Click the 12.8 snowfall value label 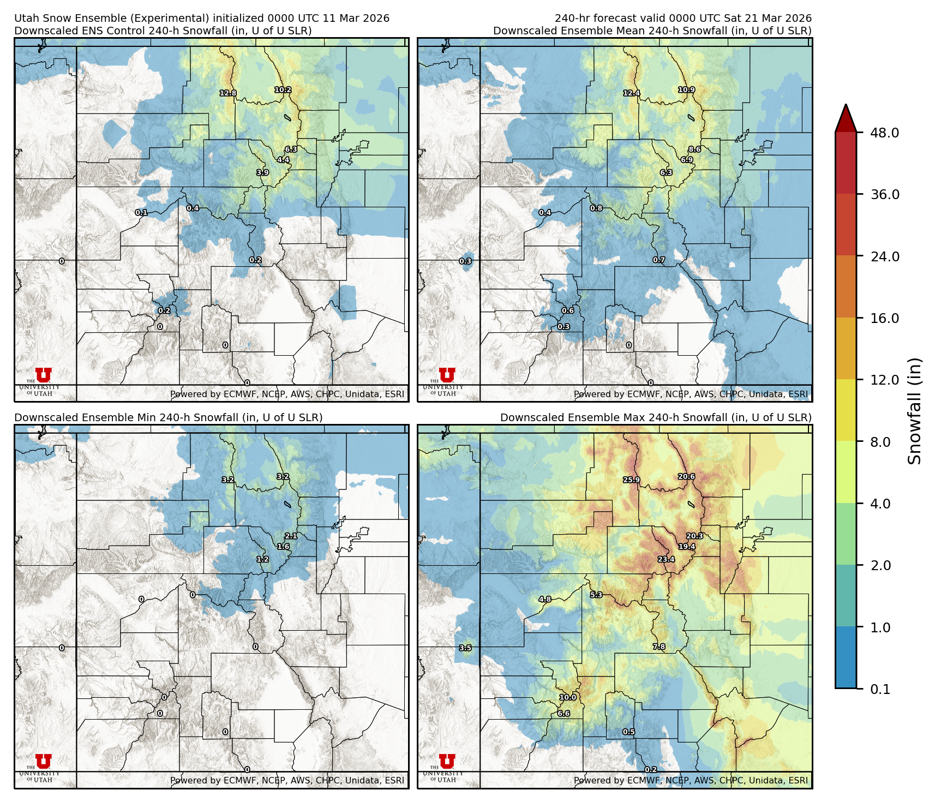[x=228, y=93]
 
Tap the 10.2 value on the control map [x=283, y=90]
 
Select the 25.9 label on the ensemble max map [x=631, y=480]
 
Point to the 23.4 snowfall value [x=666, y=559]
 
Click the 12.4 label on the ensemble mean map [x=632, y=93]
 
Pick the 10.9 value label [x=686, y=90]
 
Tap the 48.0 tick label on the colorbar [x=884, y=133]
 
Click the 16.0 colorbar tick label [x=884, y=319]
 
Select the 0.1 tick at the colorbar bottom [x=880, y=690]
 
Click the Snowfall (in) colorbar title [x=915, y=411]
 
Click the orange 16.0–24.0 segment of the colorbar [x=846, y=287]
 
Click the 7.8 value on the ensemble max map [x=659, y=647]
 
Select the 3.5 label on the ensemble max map [x=465, y=648]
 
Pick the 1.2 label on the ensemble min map [x=262, y=559]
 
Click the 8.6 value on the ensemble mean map [x=694, y=149]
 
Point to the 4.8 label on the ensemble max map [x=545, y=599]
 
